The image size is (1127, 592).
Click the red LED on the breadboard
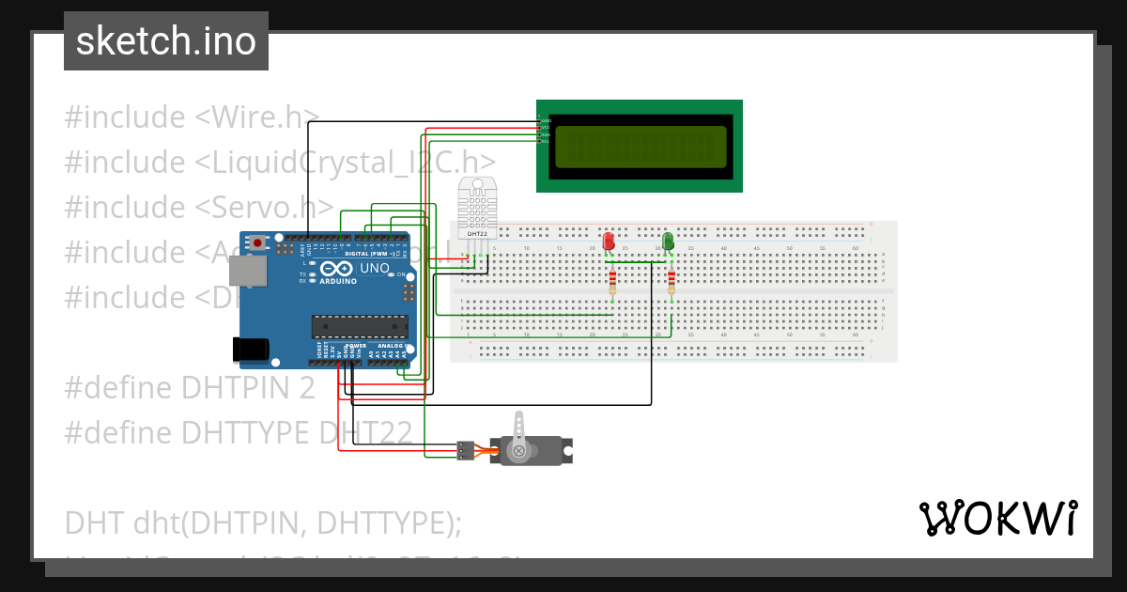pyautogui.click(x=608, y=241)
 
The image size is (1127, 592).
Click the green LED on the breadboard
pyautogui.click(x=668, y=241)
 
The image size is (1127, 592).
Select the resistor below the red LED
pyautogui.click(x=612, y=281)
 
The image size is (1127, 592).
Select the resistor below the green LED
pyautogui.click(x=672, y=281)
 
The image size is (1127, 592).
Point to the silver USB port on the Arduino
pyautogui.click(x=247, y=272)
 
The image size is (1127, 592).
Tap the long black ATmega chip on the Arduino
pyautogui.click(x=360, y=325)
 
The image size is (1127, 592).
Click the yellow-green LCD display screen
pyautogui.click(x=641, y=147)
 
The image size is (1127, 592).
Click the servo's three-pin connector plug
pyautogui.click(x=465, y=450)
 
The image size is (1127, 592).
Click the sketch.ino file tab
pyautogui.click(x=166, y=41)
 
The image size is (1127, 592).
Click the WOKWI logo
pyautogui.click(x=997, y=519)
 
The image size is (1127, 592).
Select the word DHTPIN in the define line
pyautogui.click(x=239, y=387)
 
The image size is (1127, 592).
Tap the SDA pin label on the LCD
pyautogui.click(x=545, y=134)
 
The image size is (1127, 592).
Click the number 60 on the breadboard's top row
pyautogui.click(x=855, y=248)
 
